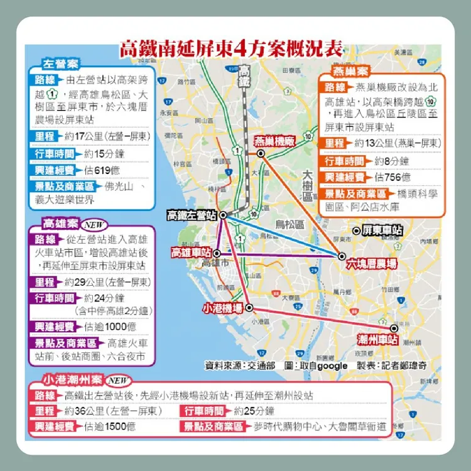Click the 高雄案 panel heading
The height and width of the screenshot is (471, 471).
(x=60, y=224)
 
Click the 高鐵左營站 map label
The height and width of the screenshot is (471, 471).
(x=192, y=215)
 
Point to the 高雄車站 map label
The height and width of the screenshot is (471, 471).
(x=191, y=252)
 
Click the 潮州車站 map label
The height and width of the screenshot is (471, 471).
(x=377, y=340)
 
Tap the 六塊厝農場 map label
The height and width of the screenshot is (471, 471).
(x=371, y=265)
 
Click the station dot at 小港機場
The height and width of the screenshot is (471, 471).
(x=249, y=308)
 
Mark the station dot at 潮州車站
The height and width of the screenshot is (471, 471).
(x=394, y=328)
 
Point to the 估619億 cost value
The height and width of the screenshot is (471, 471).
(x=102, y=170)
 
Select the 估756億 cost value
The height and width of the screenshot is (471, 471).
(x=393, y=177)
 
